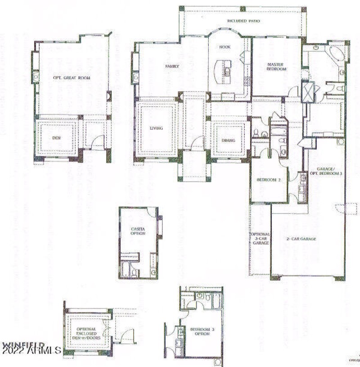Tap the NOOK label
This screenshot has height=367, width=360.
point(225,47)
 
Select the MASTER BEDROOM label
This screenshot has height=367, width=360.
point(276,67)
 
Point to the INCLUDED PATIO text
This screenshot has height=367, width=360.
point(243,21)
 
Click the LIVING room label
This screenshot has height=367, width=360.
point(156,128)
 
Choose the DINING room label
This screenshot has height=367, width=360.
point(228,140)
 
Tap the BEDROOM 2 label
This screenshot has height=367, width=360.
point(269,180)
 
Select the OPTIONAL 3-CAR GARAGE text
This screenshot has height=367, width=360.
point(260,239)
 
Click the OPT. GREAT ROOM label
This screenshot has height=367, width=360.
point(72,78)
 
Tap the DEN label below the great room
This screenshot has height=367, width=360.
point(56,137)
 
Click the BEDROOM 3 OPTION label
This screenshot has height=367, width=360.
point(202,332)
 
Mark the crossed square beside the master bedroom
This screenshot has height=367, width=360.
point(308,92)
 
